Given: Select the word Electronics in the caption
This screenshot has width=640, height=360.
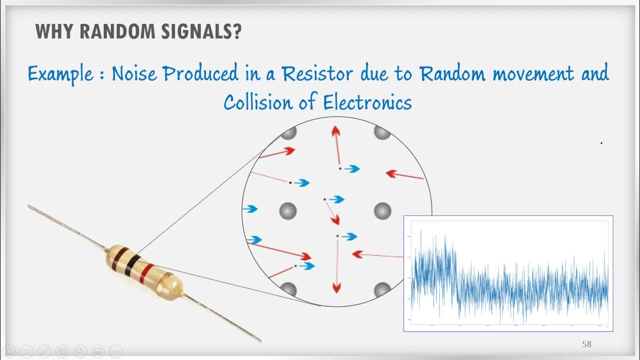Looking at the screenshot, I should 367,103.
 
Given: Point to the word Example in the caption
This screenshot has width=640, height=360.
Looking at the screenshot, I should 60,74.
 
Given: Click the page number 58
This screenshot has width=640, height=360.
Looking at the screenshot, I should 586,344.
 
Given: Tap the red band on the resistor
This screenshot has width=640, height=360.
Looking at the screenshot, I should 146,273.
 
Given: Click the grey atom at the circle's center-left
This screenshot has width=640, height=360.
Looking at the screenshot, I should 288,210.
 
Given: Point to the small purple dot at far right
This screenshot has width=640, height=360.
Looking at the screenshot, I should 601,143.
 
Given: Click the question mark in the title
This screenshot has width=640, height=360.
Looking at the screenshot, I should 236,31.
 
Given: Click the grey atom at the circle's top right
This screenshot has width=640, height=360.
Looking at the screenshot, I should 382,133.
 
